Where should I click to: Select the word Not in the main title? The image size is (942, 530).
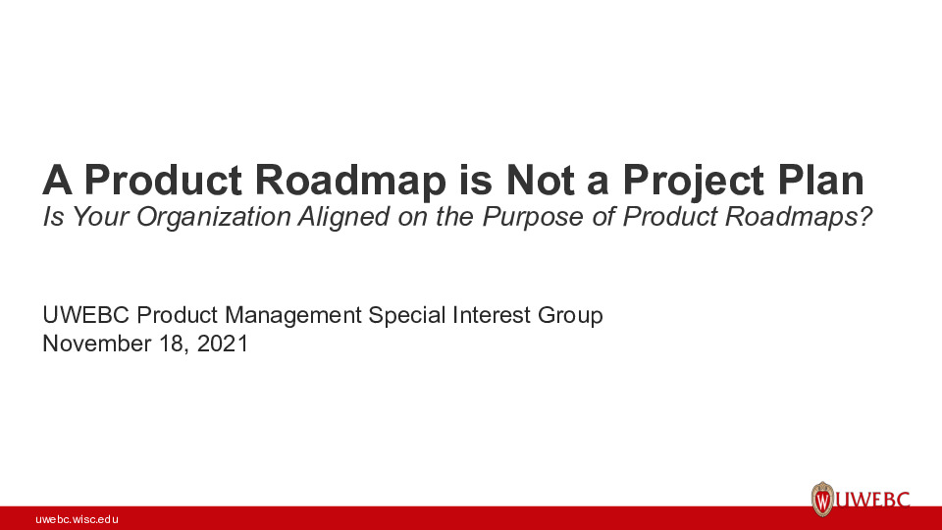pos(545,182)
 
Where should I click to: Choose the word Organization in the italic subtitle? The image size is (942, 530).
pos(213,218)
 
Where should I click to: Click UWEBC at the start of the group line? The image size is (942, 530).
pos(87,316)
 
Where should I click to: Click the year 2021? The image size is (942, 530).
pos(222,344)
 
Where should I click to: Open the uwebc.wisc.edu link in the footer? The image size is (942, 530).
pos(77,518)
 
